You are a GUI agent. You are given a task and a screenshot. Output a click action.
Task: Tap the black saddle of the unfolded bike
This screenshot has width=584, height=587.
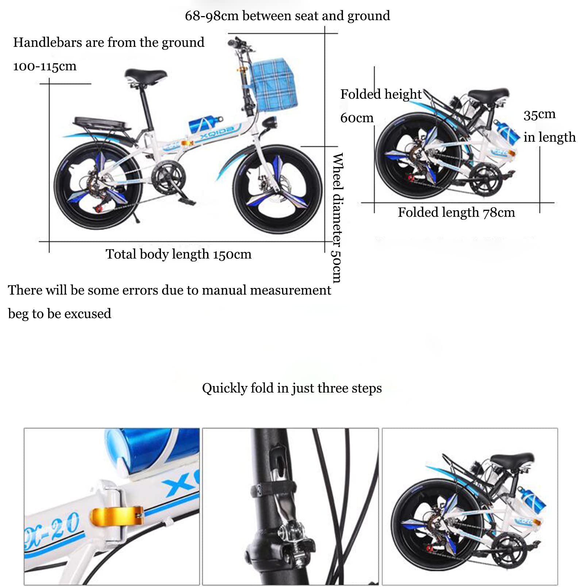click(145, 75)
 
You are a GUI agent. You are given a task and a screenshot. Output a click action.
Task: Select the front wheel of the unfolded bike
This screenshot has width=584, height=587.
click(277, 190)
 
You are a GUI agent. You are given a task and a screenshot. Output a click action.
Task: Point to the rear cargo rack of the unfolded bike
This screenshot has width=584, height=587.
click(102, 124)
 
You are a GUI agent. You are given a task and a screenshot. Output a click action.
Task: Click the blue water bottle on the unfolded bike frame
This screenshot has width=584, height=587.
click(205, 123)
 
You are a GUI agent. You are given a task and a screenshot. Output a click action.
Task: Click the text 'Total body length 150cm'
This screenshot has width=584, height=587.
click(178, 254)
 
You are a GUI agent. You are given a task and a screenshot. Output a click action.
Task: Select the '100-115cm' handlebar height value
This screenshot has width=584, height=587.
click(45, 66)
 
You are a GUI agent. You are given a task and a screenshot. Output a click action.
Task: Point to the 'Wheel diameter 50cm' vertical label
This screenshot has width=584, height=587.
click(337, 218)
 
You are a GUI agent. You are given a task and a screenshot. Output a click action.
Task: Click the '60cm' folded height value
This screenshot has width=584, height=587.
click(357, 118)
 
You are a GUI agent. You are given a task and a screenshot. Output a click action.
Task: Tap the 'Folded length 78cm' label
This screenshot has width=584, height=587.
click(456, 212)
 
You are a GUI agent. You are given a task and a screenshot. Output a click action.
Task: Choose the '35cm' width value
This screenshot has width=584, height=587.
click(539, 115)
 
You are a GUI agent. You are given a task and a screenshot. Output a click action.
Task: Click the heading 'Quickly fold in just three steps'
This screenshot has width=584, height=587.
click(292, 388)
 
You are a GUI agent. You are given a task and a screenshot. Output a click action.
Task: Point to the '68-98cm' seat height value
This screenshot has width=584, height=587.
click(212, 16)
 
